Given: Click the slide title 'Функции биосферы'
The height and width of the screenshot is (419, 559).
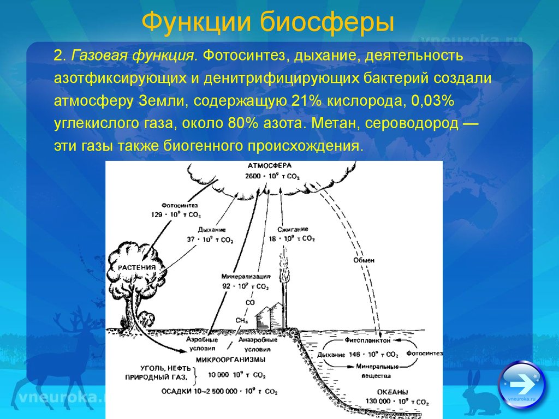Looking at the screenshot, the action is tap(268, 22).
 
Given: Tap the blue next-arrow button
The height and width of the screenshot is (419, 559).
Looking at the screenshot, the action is tap(521, 385).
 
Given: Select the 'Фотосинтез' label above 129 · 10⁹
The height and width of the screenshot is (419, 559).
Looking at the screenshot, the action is tap(179, 206).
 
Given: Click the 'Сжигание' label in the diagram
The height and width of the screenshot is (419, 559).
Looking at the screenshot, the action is tap(293, 229).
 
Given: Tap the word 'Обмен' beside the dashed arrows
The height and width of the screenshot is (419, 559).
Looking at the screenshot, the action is tap(364, 260).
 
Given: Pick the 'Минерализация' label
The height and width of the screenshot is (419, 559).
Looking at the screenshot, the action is tap(246, 277).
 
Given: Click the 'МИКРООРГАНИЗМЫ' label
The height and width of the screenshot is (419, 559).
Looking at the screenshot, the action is tap(231, 360).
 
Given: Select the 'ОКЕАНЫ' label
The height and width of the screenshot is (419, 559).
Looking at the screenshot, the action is tap(393, 392).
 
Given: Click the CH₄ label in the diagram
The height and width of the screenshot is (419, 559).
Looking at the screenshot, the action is tap(241, 321).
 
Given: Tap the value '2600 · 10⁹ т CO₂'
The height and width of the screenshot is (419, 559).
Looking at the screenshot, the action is tap(272, 176).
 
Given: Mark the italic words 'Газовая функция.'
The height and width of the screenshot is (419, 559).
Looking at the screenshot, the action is tap(134, 56).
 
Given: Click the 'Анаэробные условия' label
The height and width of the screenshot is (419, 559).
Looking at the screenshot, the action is tap(258, 345).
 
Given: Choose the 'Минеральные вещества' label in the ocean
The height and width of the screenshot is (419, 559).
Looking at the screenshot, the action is tap(377, 371).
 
